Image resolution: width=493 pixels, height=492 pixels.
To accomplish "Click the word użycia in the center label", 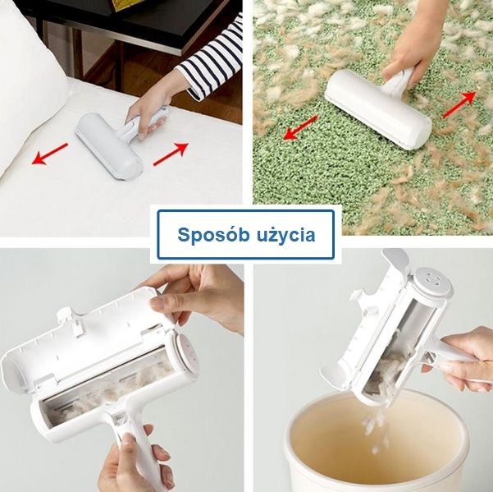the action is coord(285,236).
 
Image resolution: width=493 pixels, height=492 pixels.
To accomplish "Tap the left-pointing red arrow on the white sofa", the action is coord(50,154).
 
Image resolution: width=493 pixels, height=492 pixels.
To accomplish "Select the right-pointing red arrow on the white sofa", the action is coord(171,154).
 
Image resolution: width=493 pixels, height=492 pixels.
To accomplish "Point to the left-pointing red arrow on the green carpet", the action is coord(300,127).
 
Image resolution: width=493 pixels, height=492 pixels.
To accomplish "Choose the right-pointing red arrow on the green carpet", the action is coord(459,104).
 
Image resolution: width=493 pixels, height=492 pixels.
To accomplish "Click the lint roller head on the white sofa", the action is coord(108,146).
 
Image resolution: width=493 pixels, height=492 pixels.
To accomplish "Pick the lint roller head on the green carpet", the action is coord(377,108).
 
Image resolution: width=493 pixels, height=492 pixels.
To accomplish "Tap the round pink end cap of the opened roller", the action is coord(188,352).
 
